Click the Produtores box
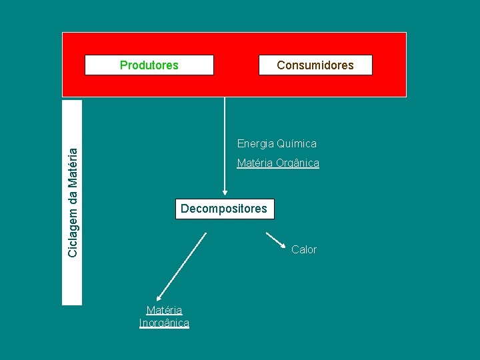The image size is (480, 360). [149, 65]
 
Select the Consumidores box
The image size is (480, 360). [315, 65]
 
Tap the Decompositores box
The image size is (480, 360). [224, 209]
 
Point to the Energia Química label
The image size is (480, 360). [277, 143]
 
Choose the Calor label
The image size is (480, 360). [304, 249]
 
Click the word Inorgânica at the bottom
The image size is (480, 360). [164, 323]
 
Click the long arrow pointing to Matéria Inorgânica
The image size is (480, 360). [181, 267]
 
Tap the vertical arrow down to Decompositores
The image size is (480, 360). [225, 147]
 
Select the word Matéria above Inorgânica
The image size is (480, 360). [164, 310]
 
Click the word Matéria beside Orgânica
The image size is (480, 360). [255, 163]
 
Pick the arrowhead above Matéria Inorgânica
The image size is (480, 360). [158, 299]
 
